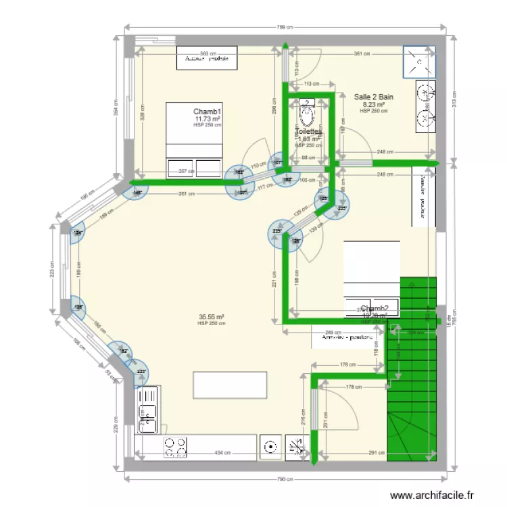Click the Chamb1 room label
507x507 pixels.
coord(208,111)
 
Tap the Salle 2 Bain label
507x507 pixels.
coord(374,97)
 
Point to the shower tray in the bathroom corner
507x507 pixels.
coord(420,62)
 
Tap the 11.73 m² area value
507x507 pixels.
coord(208,118)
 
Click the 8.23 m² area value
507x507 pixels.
coord(374,104)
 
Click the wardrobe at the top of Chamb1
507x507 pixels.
coord(207,58)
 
